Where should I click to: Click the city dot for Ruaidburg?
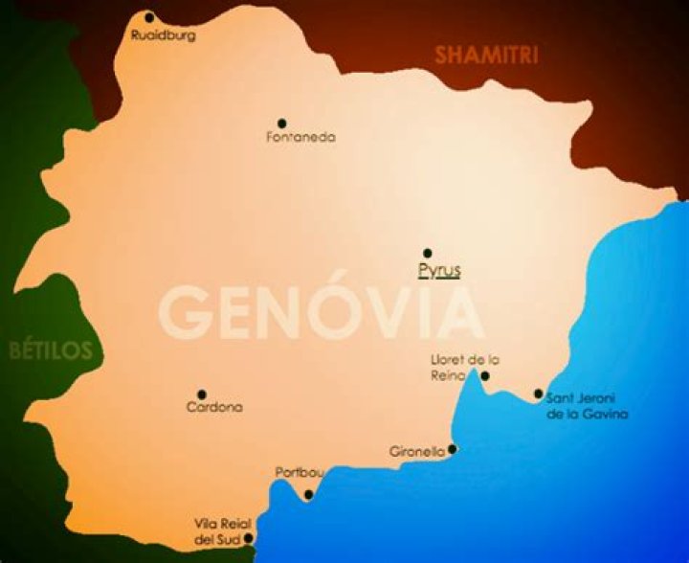click(149, 17)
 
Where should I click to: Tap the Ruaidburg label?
click(163, 35)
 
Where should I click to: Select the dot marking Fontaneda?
click(282, 124)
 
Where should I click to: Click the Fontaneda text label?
click(300, 138)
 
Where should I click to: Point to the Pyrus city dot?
click(428, 254)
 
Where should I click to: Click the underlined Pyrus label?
click(439, 271)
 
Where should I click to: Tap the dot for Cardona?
click(202, 394)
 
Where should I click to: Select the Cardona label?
click(214, 408)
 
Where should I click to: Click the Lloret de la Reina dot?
click(485, 376)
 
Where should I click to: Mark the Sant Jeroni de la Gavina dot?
click(539, 394)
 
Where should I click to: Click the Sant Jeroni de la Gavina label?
click(587, 407)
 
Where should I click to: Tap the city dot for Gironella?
click(453, 448)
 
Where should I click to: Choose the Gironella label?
click(418, 452)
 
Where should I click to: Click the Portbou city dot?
click(308, 495)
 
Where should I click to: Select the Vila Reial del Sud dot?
click(248, 538)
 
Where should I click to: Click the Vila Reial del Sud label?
click(219, 533)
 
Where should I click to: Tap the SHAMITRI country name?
click(486, 56)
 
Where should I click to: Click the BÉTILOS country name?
click(51, 350)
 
